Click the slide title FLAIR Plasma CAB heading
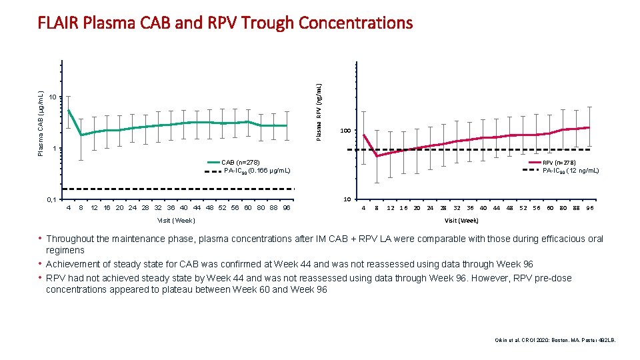tap(225, 23)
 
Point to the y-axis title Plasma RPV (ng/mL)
tap(319, 111)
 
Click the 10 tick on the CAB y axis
tap(53, 97)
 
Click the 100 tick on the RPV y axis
tap(345, 131)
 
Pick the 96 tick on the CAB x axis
tap(287, 207)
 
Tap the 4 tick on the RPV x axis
tap(363, 207)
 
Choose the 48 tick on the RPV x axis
tap(509, 207)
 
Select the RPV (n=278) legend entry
tap(559, 163)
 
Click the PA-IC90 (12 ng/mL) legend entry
tap(571, 171)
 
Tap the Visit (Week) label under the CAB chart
tap(175, 220)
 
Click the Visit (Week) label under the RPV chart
tap(461, 220)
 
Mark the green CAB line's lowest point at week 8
tap(81, 135)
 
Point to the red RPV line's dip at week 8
tap(377, 156)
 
